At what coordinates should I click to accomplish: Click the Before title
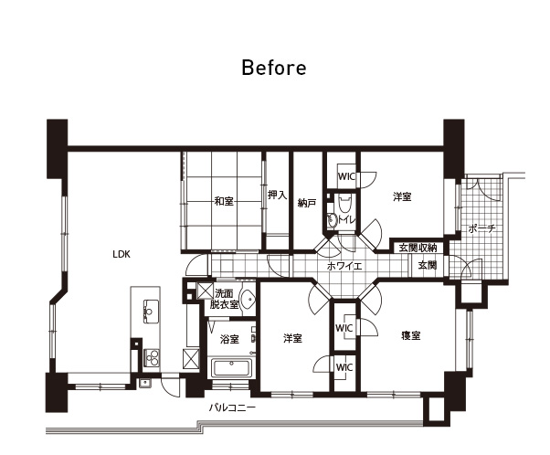coord(274,68)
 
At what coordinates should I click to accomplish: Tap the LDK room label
coord(122,254)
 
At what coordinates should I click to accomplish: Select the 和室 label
coord(224,201)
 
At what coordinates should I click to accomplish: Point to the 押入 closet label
coord(277,195)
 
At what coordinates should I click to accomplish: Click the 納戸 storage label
coord(307,203)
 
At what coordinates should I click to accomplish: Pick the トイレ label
coord(347,220)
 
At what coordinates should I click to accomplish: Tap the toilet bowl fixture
coord(344,204)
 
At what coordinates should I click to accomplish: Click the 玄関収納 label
coord(418,248)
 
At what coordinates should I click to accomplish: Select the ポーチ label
coord(482,228)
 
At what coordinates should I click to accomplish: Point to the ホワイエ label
coord(344,266)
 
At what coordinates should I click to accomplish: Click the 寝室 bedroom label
coord(411,335)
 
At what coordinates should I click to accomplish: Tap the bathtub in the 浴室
coord(231,368)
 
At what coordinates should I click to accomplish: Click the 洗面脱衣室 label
coord(224,299)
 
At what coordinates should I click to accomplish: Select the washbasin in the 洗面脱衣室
coord(248,300)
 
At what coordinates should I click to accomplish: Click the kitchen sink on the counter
coord(151,311)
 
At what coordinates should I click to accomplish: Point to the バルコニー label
coord(232,408)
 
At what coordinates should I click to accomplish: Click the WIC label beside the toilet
coord(346,175)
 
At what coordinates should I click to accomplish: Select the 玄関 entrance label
coord(428,266)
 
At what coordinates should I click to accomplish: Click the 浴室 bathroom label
coord(229,339)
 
